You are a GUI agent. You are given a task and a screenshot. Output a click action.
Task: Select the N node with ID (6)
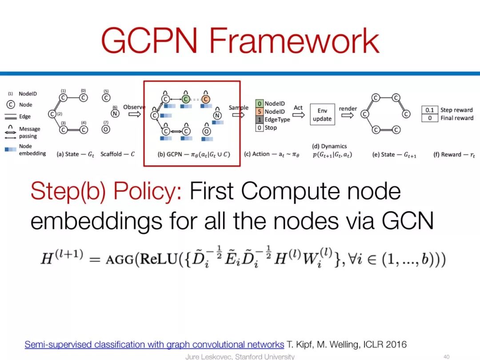(115, 113)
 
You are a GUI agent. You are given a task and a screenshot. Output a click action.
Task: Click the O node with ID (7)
(106, 130)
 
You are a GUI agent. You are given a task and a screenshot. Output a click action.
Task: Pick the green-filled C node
(186, 99)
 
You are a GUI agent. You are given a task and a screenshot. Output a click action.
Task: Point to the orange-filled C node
(206, 99)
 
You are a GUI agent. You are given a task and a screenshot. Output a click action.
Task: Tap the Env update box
(322, 115)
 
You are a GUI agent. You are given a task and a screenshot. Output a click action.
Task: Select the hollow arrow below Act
(298, 115)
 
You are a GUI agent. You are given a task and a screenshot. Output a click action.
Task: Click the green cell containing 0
(260, 104)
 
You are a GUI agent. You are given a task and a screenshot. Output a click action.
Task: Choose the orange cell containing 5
(260, 112)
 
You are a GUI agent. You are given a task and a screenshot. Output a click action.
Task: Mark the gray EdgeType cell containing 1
(260, 120)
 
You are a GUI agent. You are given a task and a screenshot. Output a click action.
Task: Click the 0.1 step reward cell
(429, 110)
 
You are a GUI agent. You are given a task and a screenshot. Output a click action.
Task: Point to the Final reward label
(456, 118)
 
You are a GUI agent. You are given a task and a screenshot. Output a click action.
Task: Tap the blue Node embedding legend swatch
(11, 149)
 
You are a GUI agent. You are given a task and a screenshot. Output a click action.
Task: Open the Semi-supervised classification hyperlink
(154, 344)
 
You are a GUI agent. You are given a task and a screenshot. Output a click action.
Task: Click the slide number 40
(447, 356)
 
